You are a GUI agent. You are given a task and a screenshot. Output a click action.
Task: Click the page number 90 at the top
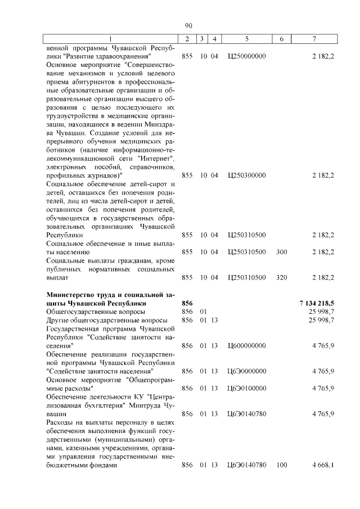tap(188, 25)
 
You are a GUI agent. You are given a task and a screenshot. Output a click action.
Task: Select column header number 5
tap(247, 38)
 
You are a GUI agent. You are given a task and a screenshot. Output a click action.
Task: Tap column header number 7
tap(314, 38)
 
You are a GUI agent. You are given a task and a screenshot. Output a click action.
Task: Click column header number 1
tap(110, 38)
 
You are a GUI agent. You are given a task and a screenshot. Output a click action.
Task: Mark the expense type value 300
tap(282, 252)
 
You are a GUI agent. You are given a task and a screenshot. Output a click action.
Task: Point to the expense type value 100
tap(282, 465)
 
